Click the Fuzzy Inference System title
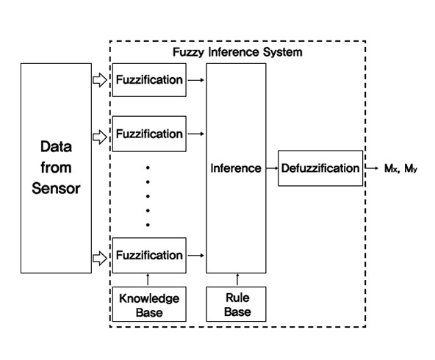(237, 52)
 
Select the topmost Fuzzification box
(149, 80)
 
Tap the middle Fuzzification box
(149, 134)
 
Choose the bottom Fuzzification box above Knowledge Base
(149, 255)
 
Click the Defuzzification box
(320, 168)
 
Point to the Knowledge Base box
(149, 304)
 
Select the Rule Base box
(236, 304)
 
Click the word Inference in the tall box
(236, 168)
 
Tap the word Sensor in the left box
(56, 188)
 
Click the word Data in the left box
(56, 146)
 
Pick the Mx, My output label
(400, 168)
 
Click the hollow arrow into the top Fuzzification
(100, 80)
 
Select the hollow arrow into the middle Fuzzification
(100, 137)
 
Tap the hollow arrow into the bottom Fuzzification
(100, 259)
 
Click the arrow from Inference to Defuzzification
(272, 168)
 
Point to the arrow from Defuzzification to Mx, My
(372, 168)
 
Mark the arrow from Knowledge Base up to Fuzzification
(148, 280)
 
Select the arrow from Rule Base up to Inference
(237, 280)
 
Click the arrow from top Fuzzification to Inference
(196, 80)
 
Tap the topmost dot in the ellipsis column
(148, 168)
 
